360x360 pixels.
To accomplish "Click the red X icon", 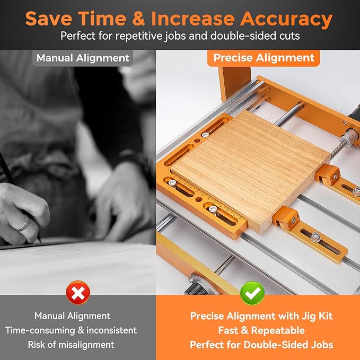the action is [78, 293].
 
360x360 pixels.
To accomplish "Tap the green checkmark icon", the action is [252, 293].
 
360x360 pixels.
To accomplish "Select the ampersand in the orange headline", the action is [138, 19].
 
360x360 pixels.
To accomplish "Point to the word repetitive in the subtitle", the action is [139, 36].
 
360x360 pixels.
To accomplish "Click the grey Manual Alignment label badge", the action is [83, 58].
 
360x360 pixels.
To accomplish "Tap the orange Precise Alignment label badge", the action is [264, 58].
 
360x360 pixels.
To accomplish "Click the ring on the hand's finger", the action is [23, 223].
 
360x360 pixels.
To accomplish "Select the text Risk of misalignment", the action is [71, 345].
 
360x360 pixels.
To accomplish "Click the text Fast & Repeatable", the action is [261, 330].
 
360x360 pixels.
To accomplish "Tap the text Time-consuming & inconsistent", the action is [71, 330].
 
